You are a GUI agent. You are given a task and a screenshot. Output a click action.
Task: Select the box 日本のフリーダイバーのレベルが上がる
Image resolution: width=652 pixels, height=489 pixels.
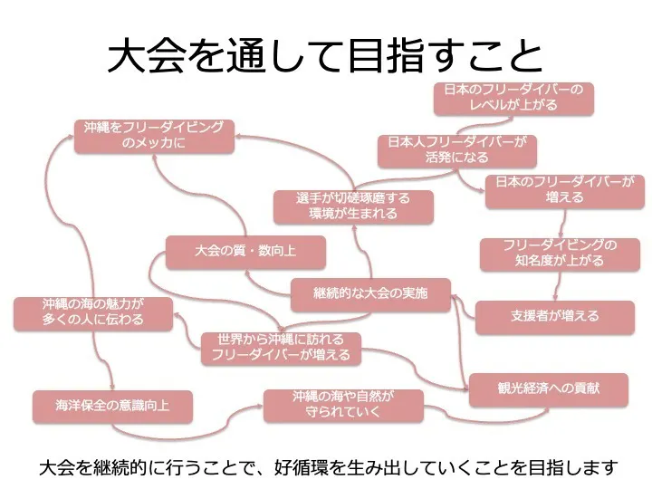(x=513, y=98)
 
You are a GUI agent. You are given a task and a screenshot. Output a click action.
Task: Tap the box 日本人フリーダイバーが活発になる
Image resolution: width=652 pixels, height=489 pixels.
(x=456, y=150)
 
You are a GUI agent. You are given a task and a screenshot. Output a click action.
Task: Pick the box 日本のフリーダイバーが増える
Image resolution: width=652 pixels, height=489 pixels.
(x=559, y=189)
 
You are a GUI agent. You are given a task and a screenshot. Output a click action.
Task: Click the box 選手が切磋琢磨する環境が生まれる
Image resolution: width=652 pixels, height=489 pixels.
(x=352, y=206)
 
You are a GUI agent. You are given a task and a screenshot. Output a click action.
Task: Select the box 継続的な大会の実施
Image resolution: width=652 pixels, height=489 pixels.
(x=370, y=294)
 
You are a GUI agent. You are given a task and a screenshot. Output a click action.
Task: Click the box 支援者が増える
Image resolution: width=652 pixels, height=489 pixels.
(x=554, y=316)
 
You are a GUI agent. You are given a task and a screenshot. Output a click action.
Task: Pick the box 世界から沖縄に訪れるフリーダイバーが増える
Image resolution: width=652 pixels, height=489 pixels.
(x=281, y=347)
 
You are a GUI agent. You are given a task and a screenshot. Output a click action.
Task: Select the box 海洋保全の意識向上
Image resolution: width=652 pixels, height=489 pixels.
(x=112, y=406)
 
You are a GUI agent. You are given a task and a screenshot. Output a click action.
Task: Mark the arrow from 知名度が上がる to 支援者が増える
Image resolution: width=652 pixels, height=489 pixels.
(x=556, y=285)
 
